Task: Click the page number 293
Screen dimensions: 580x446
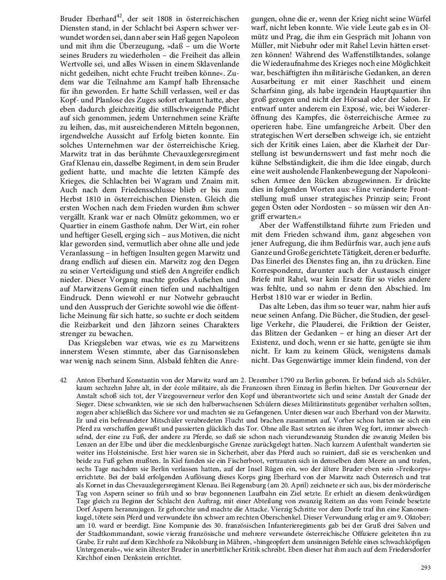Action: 425,567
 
